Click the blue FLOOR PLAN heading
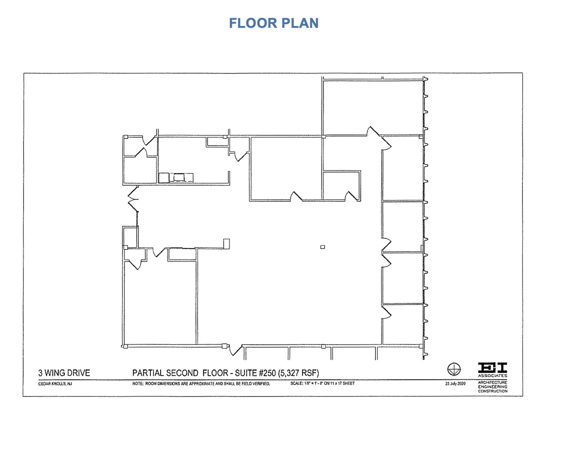point(274,23)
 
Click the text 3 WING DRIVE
point(64,373)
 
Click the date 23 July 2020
point(455,383)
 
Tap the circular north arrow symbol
point(454,369)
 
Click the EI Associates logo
point(493,370)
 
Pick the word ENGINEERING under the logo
point(493,387)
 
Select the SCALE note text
point(323,383)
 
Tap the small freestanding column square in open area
point(323,247)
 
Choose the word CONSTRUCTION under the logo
point(493,391)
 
